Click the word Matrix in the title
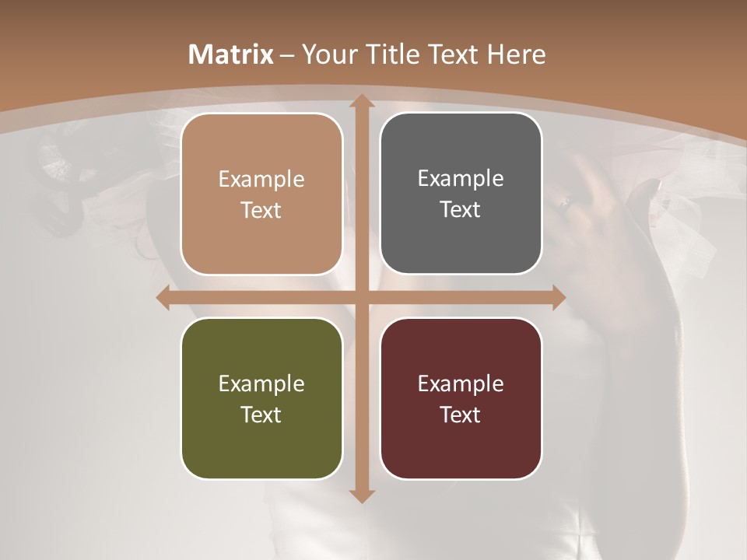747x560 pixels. (231, 54)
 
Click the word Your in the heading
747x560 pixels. (326, 54)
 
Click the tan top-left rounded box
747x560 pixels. (261, 194)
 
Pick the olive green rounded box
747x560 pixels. (261, 398)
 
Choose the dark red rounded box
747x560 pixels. (461, 398)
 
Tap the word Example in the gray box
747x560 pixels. (461, 178)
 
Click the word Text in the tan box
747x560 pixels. (261, 210)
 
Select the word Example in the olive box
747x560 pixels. (261, 383)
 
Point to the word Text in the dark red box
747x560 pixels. (461, 415)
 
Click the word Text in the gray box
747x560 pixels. (461, 209)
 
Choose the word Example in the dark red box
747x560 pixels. (461, 383)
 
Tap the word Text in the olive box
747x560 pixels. (261, 415)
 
